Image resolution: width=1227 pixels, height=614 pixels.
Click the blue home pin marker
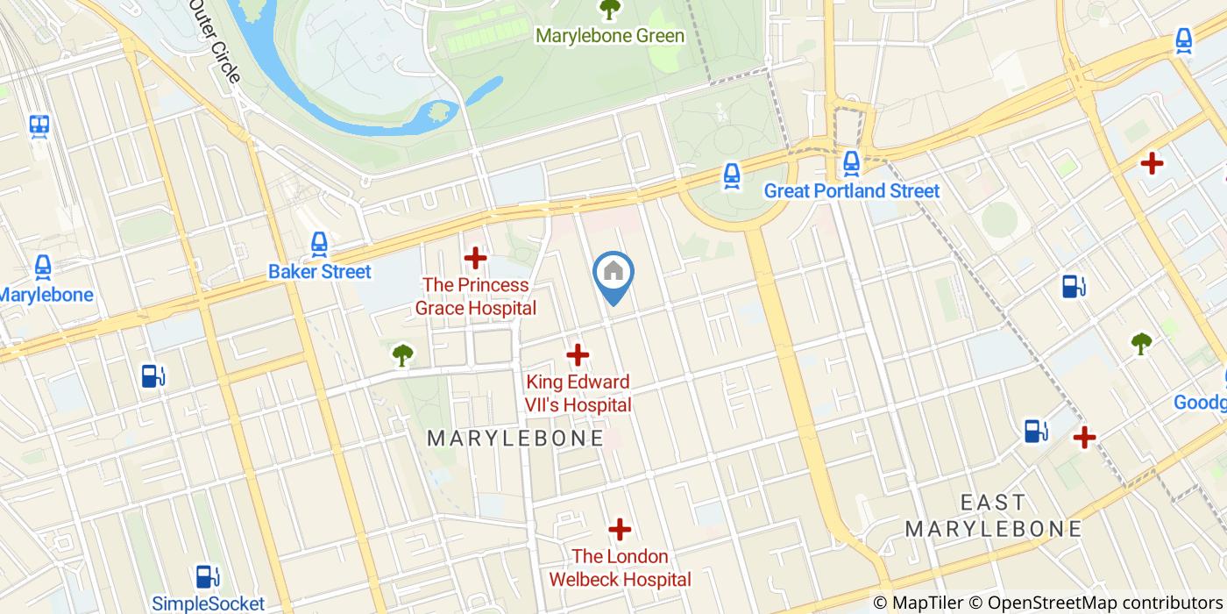click(613, 274)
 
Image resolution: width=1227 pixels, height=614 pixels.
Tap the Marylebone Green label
click(610, 36)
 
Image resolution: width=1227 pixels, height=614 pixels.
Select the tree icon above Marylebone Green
click(609, 10)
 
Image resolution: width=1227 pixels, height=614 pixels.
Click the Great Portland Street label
click(851, 191)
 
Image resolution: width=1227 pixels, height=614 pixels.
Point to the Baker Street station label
click(320, 272)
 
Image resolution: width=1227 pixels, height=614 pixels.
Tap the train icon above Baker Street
click(320, 245)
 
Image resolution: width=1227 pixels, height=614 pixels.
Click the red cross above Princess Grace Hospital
click(475, 258)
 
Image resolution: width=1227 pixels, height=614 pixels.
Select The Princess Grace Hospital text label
click(475, 296)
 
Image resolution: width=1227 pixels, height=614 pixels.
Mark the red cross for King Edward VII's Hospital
click(578, 355)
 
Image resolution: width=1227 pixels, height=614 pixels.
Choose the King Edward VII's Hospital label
click(578, 394)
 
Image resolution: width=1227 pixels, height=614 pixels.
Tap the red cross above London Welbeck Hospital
click(620, 530)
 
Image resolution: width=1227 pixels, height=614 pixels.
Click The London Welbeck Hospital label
click(620, 568)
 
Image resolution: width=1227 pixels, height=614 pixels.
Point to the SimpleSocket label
click(208, 603)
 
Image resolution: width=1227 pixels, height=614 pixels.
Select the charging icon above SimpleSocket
click(207, 576)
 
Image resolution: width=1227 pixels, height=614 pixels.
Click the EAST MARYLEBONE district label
click(993, 516)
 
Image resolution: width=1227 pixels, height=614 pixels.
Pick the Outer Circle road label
click(214, 41)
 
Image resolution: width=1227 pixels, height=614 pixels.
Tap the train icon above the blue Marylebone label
click(42, 268)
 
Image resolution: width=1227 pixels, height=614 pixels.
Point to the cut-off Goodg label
click(1200, 402)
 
